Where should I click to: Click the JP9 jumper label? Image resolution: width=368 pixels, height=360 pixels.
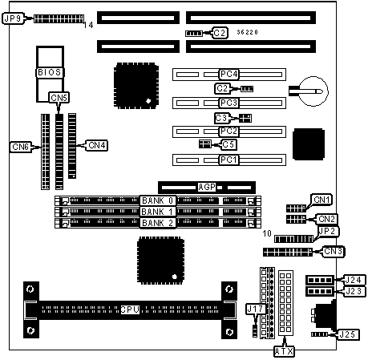coord(14,18)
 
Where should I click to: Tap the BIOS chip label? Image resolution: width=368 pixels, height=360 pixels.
coord(50,72)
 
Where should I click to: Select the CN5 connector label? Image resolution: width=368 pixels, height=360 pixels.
coord(59,98)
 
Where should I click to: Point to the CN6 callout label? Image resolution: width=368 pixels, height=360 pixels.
coord(21,147)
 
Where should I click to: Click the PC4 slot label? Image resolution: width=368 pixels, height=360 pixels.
coord(228,74)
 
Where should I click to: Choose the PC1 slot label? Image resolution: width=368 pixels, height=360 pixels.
coord(228,160)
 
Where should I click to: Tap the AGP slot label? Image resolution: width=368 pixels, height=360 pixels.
coord(207,187)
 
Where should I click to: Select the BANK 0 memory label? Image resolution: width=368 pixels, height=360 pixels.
coord(158,200)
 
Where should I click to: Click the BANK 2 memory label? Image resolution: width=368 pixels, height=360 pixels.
coord(158,223)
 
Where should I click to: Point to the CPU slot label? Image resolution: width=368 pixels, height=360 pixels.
coord(130,309)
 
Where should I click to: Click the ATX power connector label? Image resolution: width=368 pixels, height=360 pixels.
coord(284,351)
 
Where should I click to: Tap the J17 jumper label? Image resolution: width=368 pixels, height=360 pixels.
coord(256,309)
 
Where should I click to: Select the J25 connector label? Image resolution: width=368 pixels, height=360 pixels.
coord(347,334)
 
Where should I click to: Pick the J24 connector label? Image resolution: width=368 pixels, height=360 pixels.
coord(354,280)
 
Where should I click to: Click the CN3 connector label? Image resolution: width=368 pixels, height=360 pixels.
coord(333,252)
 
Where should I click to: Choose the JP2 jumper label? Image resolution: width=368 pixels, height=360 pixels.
coord(328,232)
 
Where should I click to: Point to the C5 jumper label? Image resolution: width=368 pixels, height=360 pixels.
coord(228,144)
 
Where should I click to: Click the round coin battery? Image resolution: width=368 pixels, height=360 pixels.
coord(313,91)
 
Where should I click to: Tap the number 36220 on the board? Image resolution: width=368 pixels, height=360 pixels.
coord(247,32)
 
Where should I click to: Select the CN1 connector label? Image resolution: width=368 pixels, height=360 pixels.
coord(321,200)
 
